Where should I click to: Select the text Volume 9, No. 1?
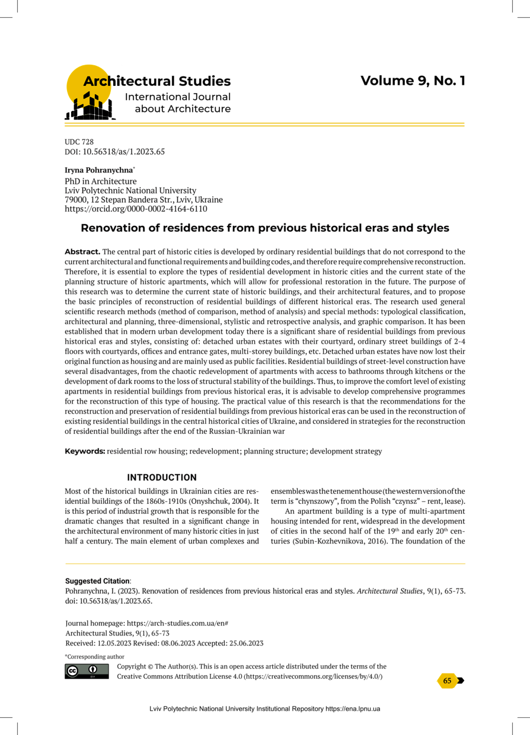(413, 81)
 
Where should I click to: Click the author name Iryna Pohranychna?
(94, 171)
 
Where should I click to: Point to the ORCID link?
(136, 209)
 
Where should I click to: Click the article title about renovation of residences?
(264, 228)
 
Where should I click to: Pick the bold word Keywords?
(85, 452)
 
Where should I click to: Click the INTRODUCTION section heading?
(162, 478)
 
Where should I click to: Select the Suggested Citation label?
(97, 581)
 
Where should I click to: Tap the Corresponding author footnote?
(94, 657)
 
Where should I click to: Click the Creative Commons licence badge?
(87, 672)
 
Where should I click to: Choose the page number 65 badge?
(448, 681)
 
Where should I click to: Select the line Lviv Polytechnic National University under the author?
(130, 190)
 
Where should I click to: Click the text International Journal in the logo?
(177, 97)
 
